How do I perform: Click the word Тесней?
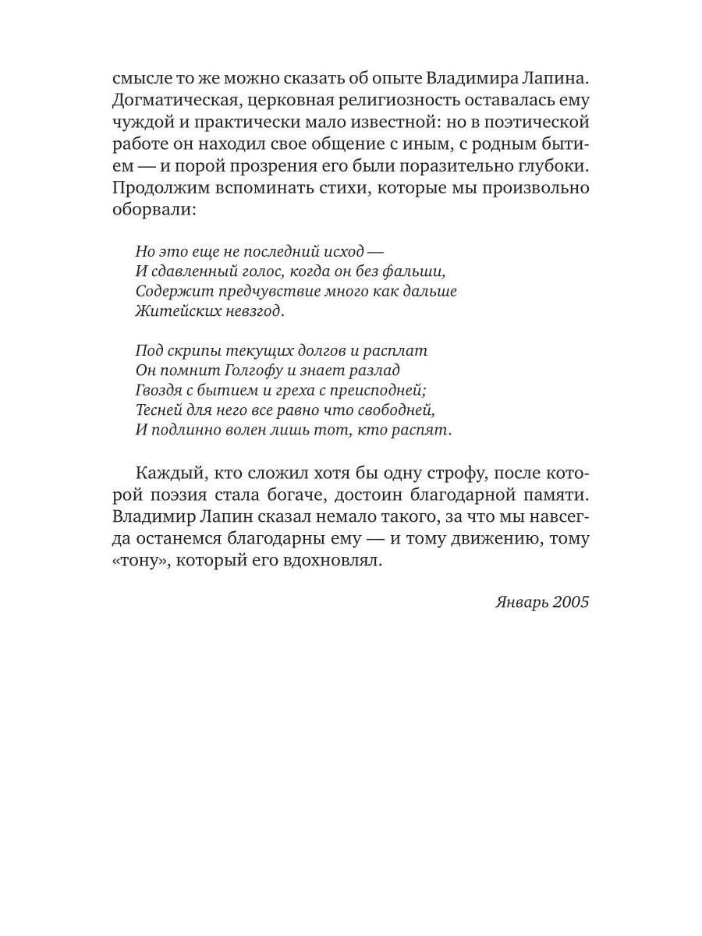click(158, 410)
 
